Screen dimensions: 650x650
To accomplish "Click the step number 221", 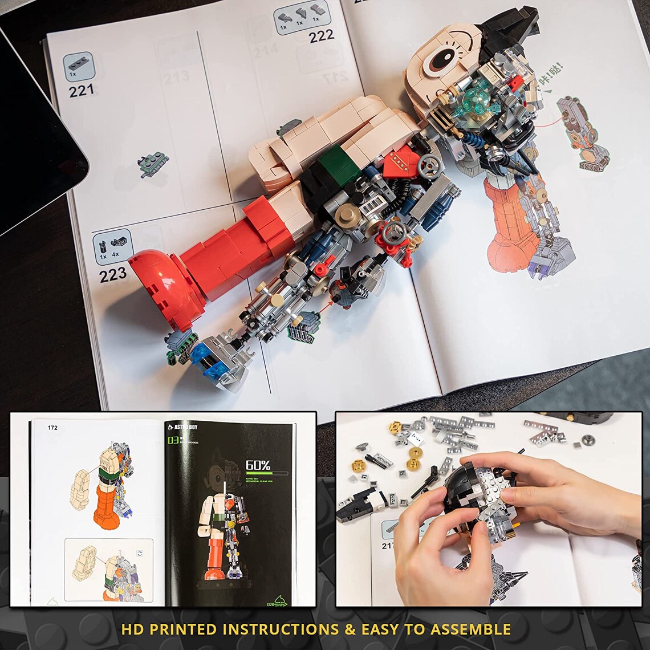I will [x=82, y=90].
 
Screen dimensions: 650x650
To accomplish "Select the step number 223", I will [x=112, y=275].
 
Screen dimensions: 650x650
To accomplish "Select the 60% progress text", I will [x=258, y=465].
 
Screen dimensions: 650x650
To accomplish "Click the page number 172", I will [x=52, y=428].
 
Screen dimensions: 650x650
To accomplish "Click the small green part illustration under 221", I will [x=154, y=164].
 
